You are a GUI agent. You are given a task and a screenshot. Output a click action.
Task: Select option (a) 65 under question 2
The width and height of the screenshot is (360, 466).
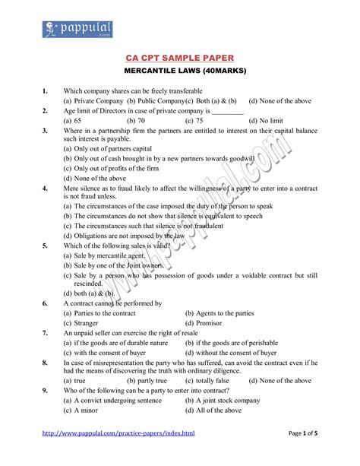click(73, 120)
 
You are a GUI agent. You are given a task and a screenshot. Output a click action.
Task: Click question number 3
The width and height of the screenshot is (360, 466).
click(46, 130)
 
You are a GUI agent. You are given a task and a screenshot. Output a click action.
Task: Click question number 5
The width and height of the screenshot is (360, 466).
click(46, 245)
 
